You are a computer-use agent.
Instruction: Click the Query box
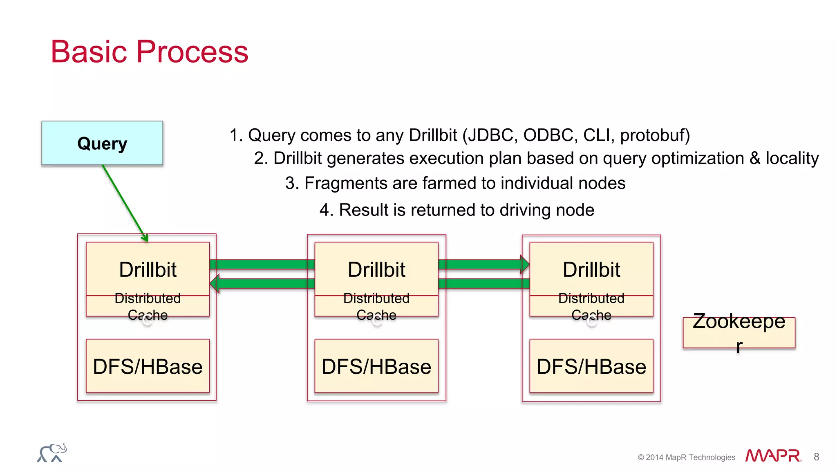(x=102, y=143)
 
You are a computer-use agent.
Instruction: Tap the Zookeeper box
(x=739, y=332)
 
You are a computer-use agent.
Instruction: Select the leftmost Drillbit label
(x=148, y=270)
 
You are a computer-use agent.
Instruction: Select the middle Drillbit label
(x=376, y=270)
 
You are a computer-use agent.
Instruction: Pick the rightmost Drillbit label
(x=591, y=270)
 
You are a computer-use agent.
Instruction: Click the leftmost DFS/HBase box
(x=148, y=366)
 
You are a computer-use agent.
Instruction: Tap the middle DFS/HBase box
(x=376, y=366)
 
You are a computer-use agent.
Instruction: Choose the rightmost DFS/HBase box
(x=591, y=366)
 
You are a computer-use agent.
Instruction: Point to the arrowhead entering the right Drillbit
(x=524, y=265)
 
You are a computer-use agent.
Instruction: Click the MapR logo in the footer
(x=773, y=455)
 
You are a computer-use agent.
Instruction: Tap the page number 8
(x=816, y=457)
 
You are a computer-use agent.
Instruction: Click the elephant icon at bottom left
(x=52, y=453)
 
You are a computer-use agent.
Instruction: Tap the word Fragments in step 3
(x=346, y=183)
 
